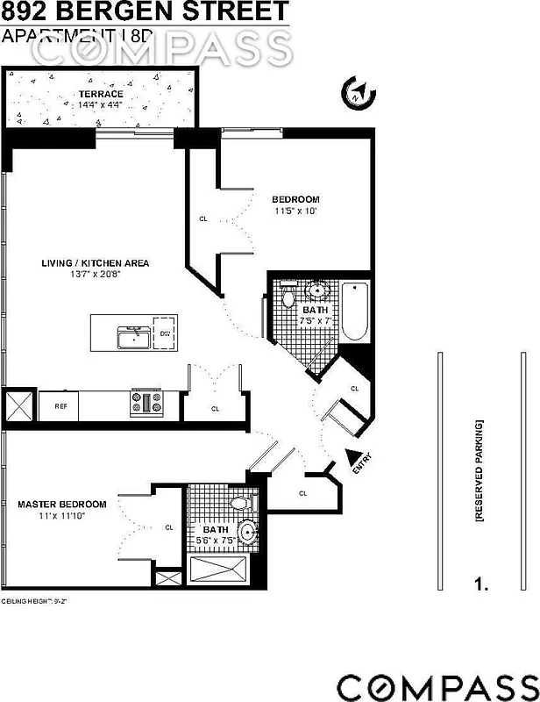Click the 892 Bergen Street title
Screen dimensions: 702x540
click(x=145, y=12)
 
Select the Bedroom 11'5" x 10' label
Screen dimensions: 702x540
click(x=295, y=204)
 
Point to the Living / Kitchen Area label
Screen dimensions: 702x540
click(x=96, y=269)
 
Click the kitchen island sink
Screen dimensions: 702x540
click(x=132, y=336)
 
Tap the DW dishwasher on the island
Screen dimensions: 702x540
click(x=165, y=333)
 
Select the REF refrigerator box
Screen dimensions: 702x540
click(x=60, y=406)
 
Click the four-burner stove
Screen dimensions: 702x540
click(x=146, y=403)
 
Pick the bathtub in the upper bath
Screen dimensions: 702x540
click(x=356, y=311)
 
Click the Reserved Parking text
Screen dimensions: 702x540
click(x=480, y=471)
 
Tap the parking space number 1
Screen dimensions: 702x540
click(x=480, y=582)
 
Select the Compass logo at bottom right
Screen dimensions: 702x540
click(x=437, y=685)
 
